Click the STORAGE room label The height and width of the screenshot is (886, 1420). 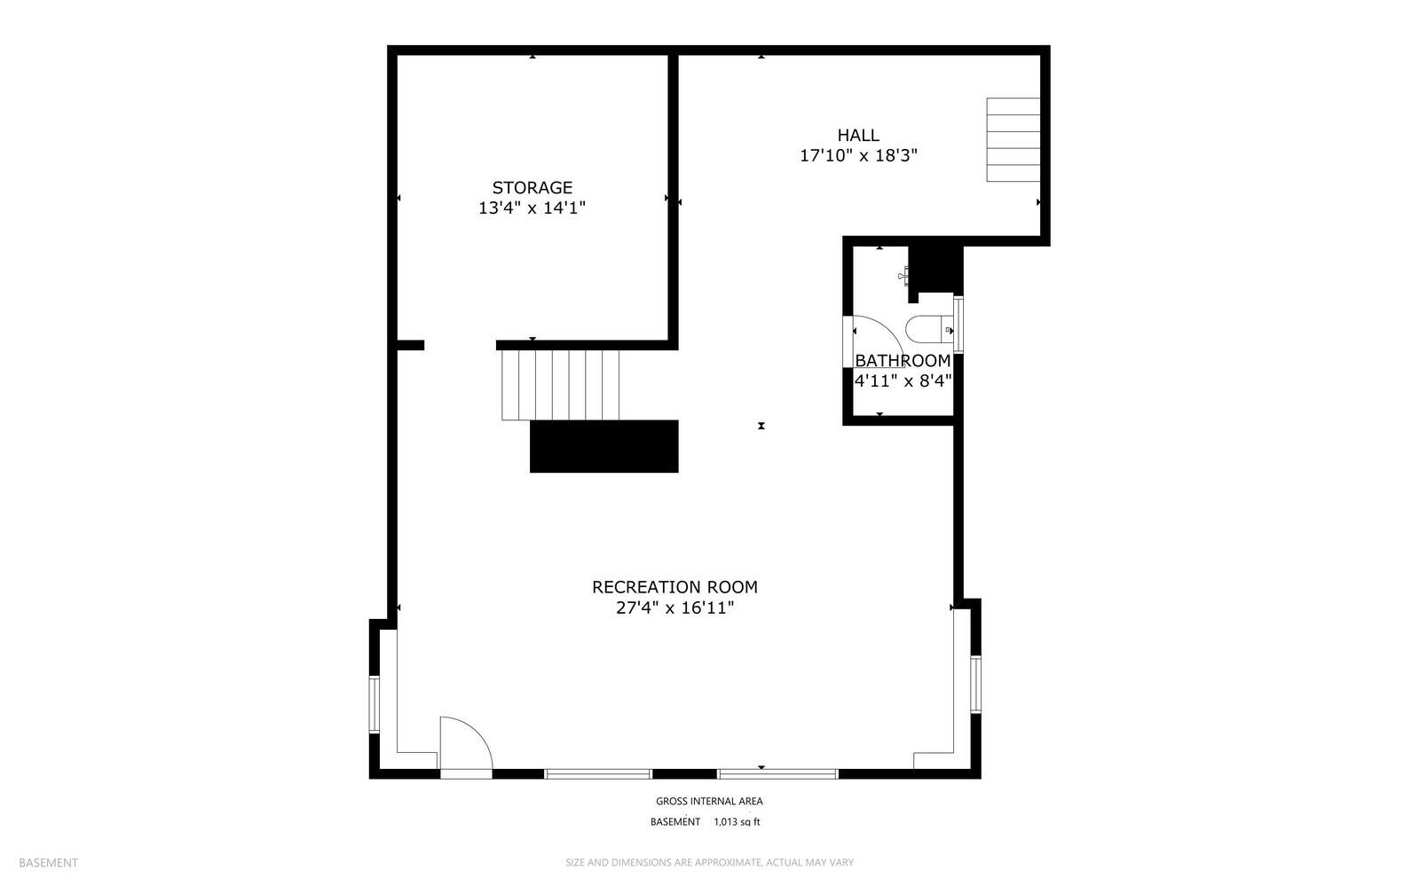pyautogui.click(x=532, y=187)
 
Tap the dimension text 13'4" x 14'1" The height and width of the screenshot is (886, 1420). pyautogui.click(x=532, y=208)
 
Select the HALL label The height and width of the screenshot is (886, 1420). pyautogui.click(x=858, y=135)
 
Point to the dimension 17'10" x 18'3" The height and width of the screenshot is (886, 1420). pyautogui.click(x=858, y=156)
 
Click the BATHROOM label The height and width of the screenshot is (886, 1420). pyautogui.click(x=903, y=361)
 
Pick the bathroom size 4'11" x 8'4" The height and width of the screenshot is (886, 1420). pyautogui.click(x=903, y=381)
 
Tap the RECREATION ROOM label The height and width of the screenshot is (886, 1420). pyautogui.click(x=674, y=587)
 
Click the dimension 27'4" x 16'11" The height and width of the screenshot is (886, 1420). pyautogui.click(x=674, y=608)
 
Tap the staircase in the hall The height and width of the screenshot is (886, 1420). pyautogui.click(x=1013, y=140)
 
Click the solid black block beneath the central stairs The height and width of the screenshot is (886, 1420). pyautogui.click(x=603, y=446)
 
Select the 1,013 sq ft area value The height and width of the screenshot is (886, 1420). pyautogui.click(x=737, y=822)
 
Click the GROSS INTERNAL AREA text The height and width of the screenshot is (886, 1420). pyautogui.click(x=709, y=801)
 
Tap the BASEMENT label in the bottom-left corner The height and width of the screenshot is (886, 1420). pyautogui.click(x=48, y=862)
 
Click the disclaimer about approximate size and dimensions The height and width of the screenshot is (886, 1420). pyautogui.click(x=709, y=862)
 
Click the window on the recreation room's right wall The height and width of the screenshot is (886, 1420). pyautogui.click(x=975, y=684)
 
